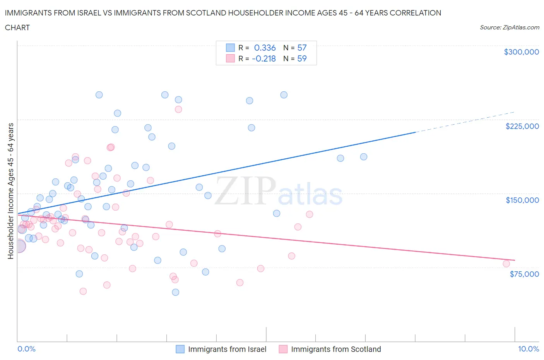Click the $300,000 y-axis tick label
(521, 52)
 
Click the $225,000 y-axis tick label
(522, 126)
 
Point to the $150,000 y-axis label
(522, 200)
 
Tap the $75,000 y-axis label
(524, 274)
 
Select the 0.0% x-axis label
(26, 349)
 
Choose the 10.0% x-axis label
(528, 349)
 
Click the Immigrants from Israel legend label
(227, 349)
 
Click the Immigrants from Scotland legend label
(336, 349)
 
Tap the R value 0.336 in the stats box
(265, 48)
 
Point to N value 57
(302, 48)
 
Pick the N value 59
(302, 58)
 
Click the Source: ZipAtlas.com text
(509, 27)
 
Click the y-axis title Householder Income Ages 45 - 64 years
(10, 191)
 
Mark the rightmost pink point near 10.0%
(506, 264)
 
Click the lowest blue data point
(175, 292)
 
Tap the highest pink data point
(178, 109)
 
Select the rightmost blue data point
(364, 157)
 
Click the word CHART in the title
(17, 27)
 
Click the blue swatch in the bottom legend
(180, 349)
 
